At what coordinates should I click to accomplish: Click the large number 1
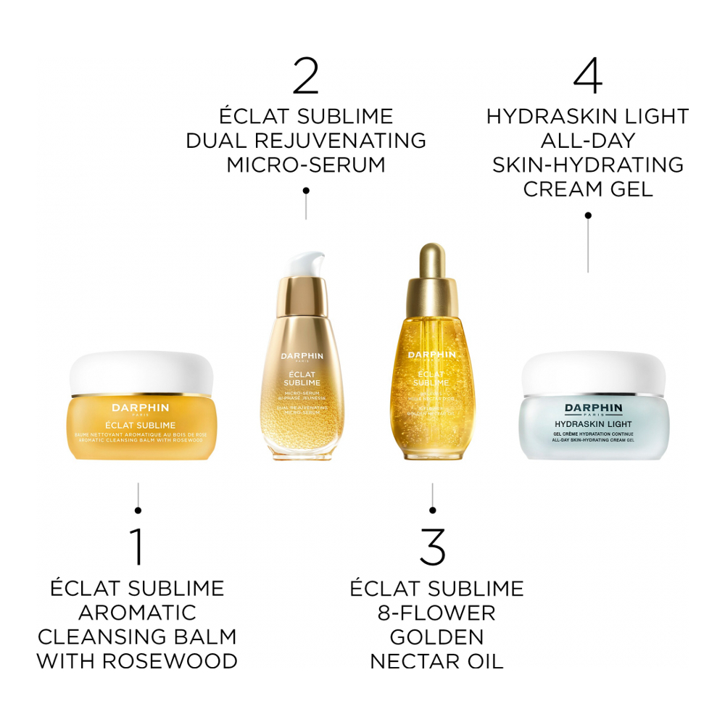pos(137,547)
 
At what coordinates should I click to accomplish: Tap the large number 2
pos(305,76)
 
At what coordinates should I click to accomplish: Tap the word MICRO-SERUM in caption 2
pos(305,165)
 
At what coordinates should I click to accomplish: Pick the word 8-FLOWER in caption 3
pos(436,613)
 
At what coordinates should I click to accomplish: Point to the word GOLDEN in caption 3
pos(436,637)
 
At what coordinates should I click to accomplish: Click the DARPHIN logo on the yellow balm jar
pos(141,408)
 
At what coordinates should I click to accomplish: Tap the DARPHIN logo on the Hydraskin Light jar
pos(595,408)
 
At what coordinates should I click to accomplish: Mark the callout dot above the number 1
pos(138,510)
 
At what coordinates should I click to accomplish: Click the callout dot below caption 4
pos(588,215)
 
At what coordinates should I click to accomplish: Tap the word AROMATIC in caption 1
pos(137,613)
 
